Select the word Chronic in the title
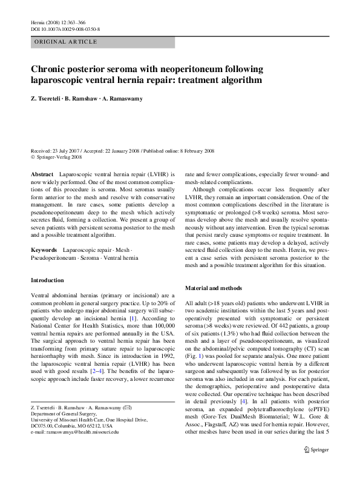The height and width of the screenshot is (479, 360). (x=50, y=69)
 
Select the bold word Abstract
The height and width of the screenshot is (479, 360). (x=42, y=173)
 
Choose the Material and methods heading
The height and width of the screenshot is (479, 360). (x=214, y=288)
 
